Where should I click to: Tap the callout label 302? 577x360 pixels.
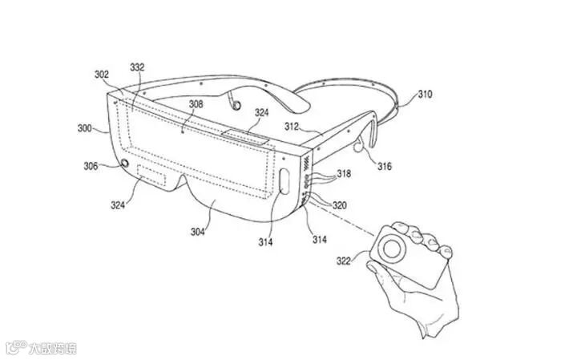click(102, 75)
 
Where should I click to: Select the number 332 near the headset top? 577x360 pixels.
click(137, 67)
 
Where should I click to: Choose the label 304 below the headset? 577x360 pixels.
click(198, 233)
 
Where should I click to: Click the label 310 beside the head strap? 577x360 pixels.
click(425, 95)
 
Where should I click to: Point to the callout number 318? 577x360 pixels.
click(343, 174)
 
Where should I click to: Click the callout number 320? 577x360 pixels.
click(339, 205)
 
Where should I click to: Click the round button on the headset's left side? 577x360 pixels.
click(125, 164)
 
